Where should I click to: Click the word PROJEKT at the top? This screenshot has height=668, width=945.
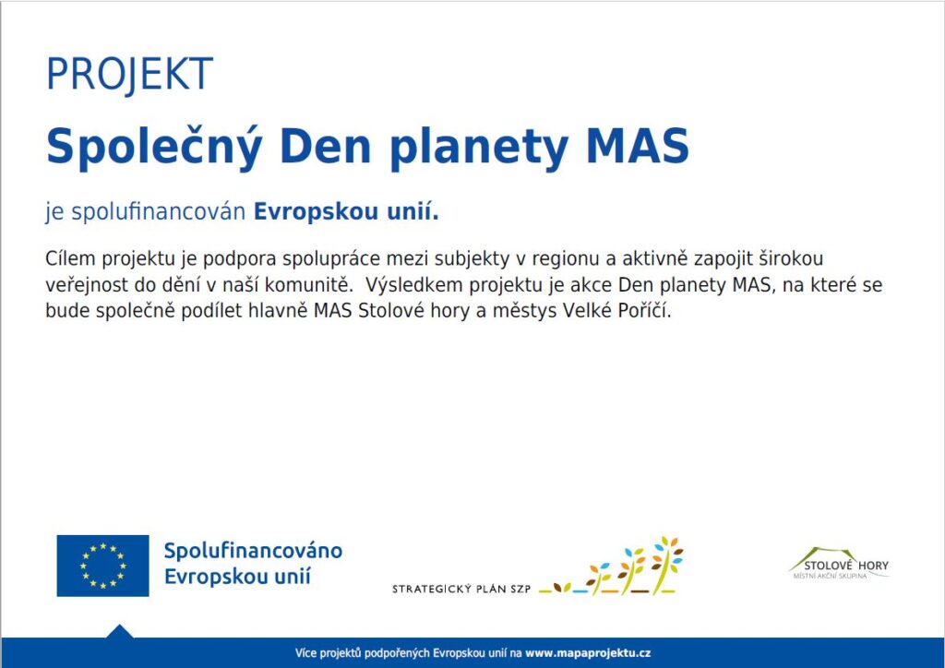pyautogui.click(x=129, y=74)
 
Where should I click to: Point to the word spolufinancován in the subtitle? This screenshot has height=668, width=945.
pyautogui.click(x=159, y=212)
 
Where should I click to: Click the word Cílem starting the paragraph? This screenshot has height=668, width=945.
pyautogui.click(x=69, y=258)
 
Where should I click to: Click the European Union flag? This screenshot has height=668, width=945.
pyautogui.click(x=103, y=566)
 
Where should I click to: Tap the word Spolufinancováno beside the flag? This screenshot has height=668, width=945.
pyautogui.click(x=253, y=551)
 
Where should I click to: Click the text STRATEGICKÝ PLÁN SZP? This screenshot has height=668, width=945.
pyautogui.click(x=461, y=589)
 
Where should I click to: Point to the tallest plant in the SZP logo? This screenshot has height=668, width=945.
pyautogui.click(x=666, y=565)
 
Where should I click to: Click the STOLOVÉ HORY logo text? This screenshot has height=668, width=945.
pyautogui.click(x=846, y=566)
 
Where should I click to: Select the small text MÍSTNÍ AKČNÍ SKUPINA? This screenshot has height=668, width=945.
pyautogui.click(x=830, y=577)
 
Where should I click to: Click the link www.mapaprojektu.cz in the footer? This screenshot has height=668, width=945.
pyautogui.click(x=588, y=653)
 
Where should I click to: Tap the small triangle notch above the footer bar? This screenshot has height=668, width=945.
pyautogui.click(x=119, y=632)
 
